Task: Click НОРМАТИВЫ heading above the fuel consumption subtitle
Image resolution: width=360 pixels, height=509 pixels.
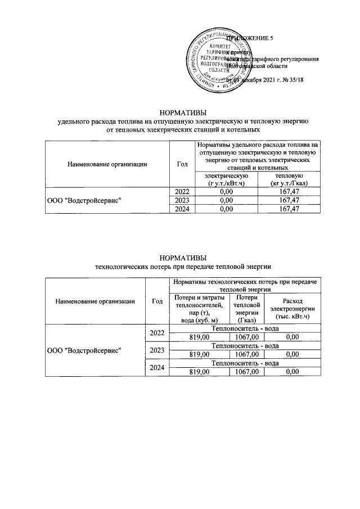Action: tap(183, 112)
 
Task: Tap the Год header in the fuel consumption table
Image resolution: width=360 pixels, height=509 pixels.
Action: tap(182, 164)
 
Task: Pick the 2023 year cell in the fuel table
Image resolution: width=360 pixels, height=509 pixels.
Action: tap(182, 200)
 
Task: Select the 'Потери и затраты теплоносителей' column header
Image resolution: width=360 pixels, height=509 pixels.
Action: tap(192, 308)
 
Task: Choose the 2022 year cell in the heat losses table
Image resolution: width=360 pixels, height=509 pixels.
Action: tap(157, 334)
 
